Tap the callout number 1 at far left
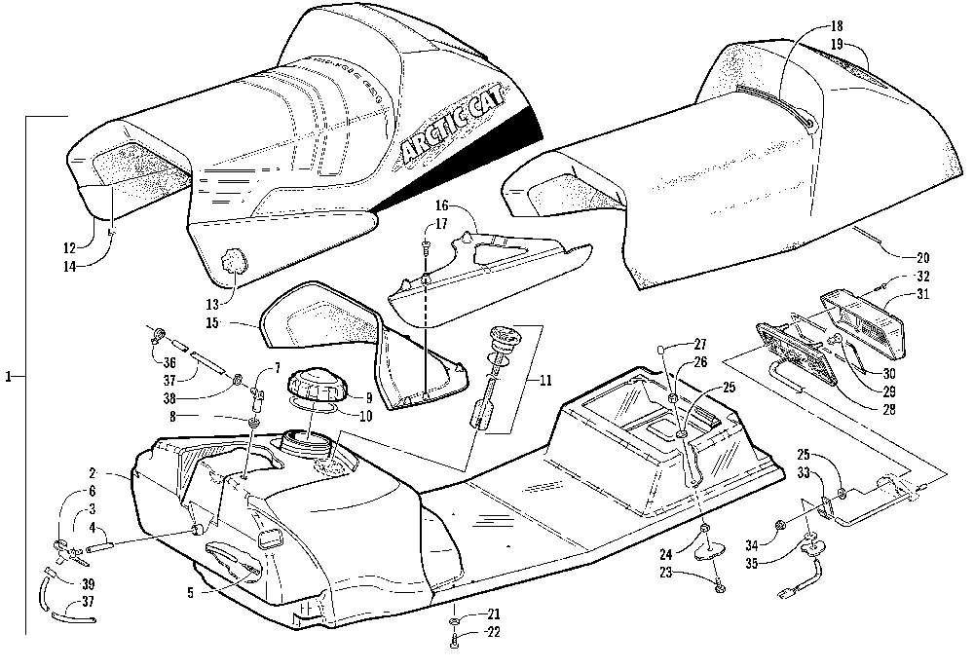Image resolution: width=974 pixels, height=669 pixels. pos(10,375)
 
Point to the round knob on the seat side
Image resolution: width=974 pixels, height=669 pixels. pos(234,261)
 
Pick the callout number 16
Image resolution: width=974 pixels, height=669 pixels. pos(441,208)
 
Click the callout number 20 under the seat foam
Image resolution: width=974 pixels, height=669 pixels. pos(922,259)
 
